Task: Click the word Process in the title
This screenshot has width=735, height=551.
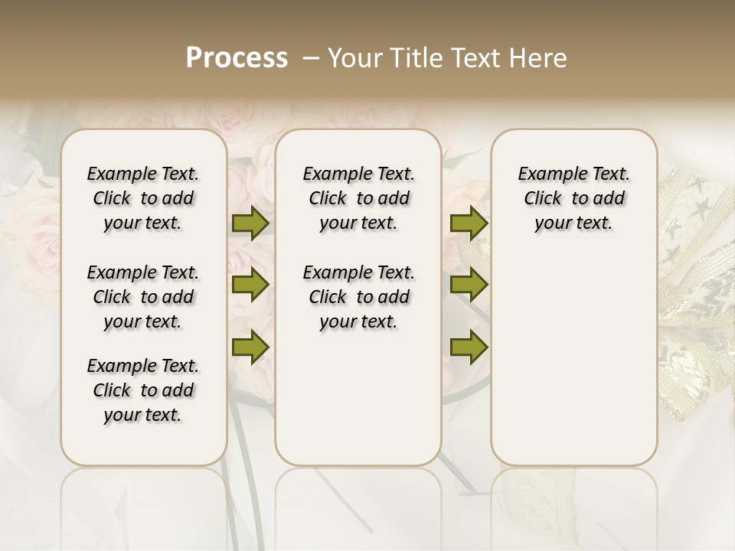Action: [x=237, y=58]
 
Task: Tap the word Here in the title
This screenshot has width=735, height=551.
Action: [x=539, y=58]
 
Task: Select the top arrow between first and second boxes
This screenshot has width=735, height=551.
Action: [x=250, y=223]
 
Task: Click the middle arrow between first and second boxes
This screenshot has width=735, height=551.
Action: [x=250, y=285]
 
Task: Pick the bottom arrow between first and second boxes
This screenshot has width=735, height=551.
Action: [x=250, y=347]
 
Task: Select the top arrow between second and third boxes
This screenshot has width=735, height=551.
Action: [x=469, y=223]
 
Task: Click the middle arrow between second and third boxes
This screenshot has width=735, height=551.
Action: [x=469, y=285]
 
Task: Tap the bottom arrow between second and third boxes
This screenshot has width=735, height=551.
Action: [x=469, y=347]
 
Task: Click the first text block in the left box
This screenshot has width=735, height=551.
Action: [x=143, y=198]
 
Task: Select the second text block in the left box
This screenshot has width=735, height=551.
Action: [x=143, y=297]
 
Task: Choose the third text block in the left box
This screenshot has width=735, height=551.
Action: [x=143, y=390]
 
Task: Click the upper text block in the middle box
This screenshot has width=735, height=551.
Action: [x=358, y=198]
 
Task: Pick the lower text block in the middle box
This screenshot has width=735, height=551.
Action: [x=358, y=297]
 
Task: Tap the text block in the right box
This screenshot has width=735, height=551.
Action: [x=573, y=198]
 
